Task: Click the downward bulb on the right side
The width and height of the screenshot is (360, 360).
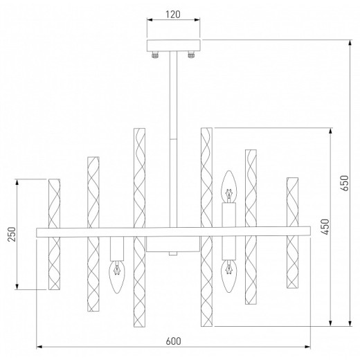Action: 228,274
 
